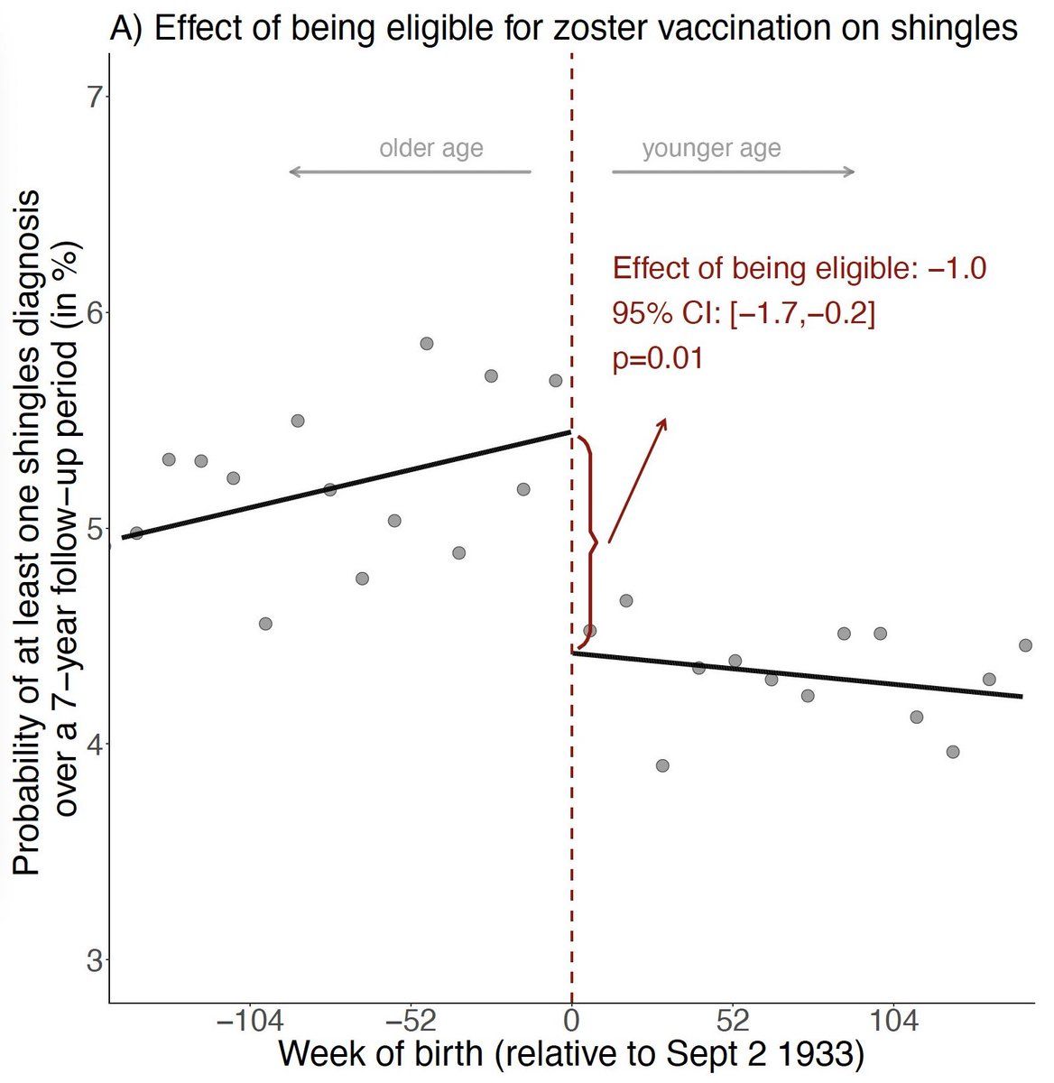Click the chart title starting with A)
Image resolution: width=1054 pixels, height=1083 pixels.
click(x=563, y=28)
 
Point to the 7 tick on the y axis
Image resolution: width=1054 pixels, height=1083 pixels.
click(x=94, y=97)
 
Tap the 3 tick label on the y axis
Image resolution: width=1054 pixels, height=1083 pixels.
click(x=94, y=960)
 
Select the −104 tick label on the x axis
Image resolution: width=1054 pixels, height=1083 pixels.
click(x=249, y=1023)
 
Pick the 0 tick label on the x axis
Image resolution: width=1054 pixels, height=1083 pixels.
click(x=571, y=1023)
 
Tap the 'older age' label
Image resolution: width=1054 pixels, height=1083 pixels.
click(x=430, y=148)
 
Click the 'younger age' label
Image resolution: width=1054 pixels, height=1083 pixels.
click(x=711, y=148)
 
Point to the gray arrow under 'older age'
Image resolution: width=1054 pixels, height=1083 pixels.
click(x=411, y=171)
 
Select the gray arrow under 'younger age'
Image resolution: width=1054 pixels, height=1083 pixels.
click(x=733, y=171)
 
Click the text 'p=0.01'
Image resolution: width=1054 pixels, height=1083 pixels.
click(x=658, y=358)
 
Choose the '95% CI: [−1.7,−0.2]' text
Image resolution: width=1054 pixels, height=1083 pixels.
click(x=744, y=313)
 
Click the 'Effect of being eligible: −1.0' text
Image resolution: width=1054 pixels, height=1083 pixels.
click(x=800, y=268)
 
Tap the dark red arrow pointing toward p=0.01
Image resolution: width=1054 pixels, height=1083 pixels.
click(x=637, y=480)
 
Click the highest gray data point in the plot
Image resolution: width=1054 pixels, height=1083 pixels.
click(x=427, y=343)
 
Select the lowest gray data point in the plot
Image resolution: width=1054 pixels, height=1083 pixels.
click(x=662, y=765)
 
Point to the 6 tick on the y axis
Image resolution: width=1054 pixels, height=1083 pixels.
click(x=94, y=312)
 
